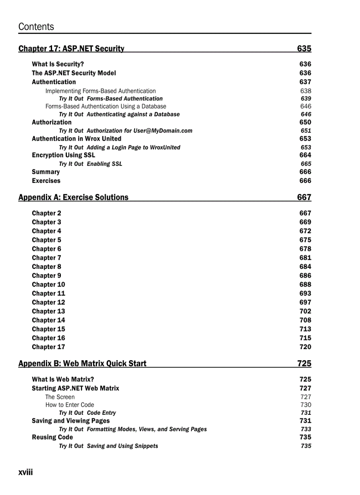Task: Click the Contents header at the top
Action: point(36,26)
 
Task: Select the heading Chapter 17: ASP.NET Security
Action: point(71,48)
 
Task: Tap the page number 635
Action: point(304,48)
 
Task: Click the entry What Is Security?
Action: point(58,64)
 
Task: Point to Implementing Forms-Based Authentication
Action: point(101,91)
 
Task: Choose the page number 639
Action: point(306,99)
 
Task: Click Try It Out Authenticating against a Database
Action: point(119,114)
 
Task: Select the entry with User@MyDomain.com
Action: point(125,130)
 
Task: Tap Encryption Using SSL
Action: point(63,155)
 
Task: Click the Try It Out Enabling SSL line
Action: point(90,164)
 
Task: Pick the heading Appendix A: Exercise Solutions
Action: point(73,197)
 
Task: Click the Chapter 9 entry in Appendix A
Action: point(46,275)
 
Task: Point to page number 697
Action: point(305,302)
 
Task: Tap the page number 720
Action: point(305,347)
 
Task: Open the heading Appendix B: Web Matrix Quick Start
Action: point(82,363)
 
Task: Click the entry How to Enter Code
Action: point(70,405)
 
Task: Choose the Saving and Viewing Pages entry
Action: point(71,421)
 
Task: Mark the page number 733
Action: point(306,429)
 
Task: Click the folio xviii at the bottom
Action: point(26,472)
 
